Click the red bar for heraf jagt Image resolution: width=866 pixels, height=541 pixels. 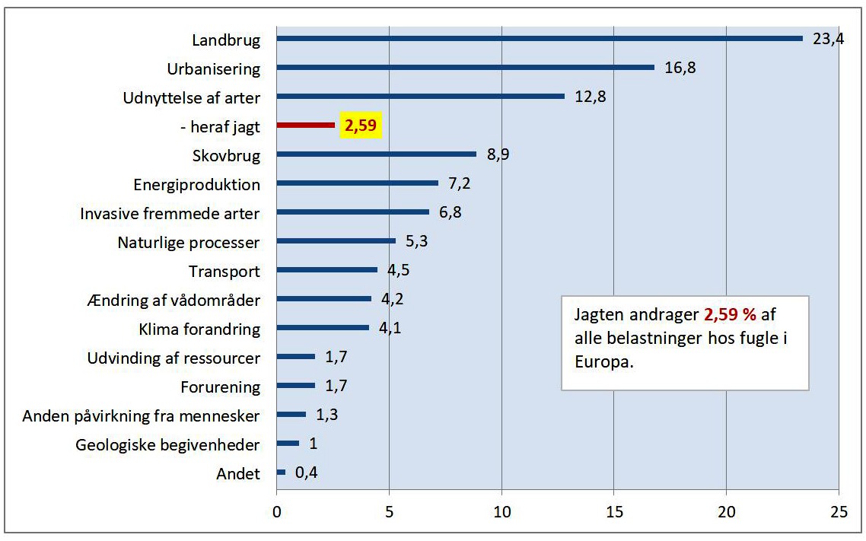click(305, 125)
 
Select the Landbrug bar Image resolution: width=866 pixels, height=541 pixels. click(539, 38)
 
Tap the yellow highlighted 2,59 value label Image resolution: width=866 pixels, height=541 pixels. click(360, 126)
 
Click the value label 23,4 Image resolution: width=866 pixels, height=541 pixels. click(828, 39)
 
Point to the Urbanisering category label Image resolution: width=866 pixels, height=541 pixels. click(213, 69)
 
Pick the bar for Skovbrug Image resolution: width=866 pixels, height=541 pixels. click(376, 154)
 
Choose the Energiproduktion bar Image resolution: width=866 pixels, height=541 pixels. click(357, 183)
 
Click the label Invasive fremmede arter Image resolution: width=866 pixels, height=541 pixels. click(170, 214)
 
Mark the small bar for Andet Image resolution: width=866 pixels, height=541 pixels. click(281, 472)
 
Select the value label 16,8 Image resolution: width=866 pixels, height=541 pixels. click(680, 68)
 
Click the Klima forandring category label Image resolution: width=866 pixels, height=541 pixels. click(199, 329)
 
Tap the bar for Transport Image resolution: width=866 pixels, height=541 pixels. click(326, 269)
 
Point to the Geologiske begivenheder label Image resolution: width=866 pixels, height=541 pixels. click(167, 445)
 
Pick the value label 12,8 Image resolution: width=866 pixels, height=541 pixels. click(591, 97)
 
